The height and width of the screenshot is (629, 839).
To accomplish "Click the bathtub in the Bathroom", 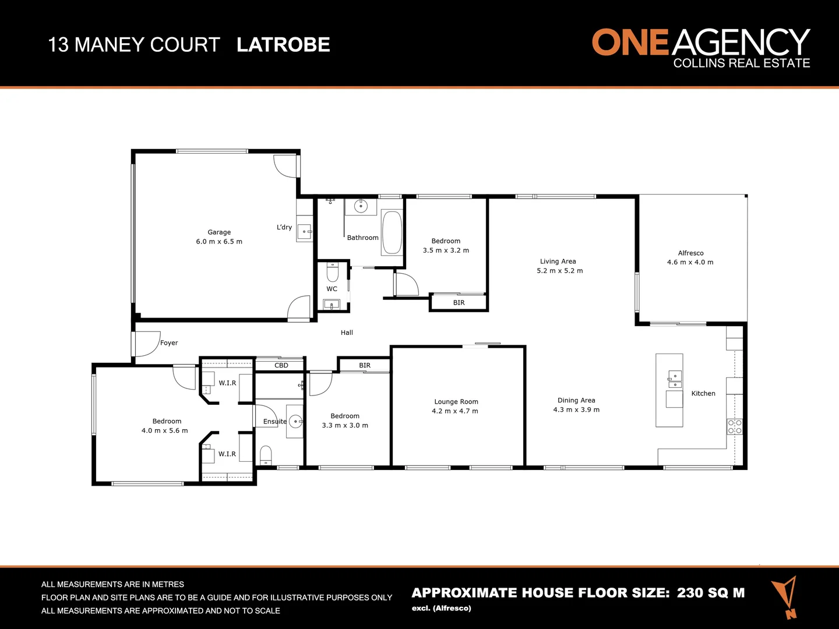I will pos(392,232).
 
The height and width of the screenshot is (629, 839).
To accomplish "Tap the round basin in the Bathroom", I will pos(361,206).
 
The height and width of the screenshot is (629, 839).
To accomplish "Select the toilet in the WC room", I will pos(332,273).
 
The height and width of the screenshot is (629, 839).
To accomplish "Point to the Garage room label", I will pos(219,232).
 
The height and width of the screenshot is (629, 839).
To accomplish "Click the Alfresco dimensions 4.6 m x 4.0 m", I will pos(690,263).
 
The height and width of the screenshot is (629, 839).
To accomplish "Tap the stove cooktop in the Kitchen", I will pos(734,426).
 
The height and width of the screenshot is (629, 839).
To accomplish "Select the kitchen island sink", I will pos(675,379).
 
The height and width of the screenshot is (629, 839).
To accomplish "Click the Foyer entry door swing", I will pos(147,344).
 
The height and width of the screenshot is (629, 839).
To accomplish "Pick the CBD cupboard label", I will pos(281,366).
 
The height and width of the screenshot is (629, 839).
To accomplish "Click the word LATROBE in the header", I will pos(283,45).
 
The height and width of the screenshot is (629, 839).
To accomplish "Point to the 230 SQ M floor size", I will pos(711,593).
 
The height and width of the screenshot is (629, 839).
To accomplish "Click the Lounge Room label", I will pos(456,402).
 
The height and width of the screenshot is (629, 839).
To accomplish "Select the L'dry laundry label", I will pos(284,227).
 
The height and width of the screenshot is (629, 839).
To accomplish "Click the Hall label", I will pos(347,333).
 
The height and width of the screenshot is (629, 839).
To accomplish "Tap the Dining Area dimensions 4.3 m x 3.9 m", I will pos(576,410).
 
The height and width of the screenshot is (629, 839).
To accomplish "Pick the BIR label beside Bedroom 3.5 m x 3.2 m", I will pos(459,303).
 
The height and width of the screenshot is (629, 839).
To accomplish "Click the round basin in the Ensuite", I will pos(295,420).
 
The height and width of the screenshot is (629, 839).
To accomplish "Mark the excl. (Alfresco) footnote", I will pos(442,609).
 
